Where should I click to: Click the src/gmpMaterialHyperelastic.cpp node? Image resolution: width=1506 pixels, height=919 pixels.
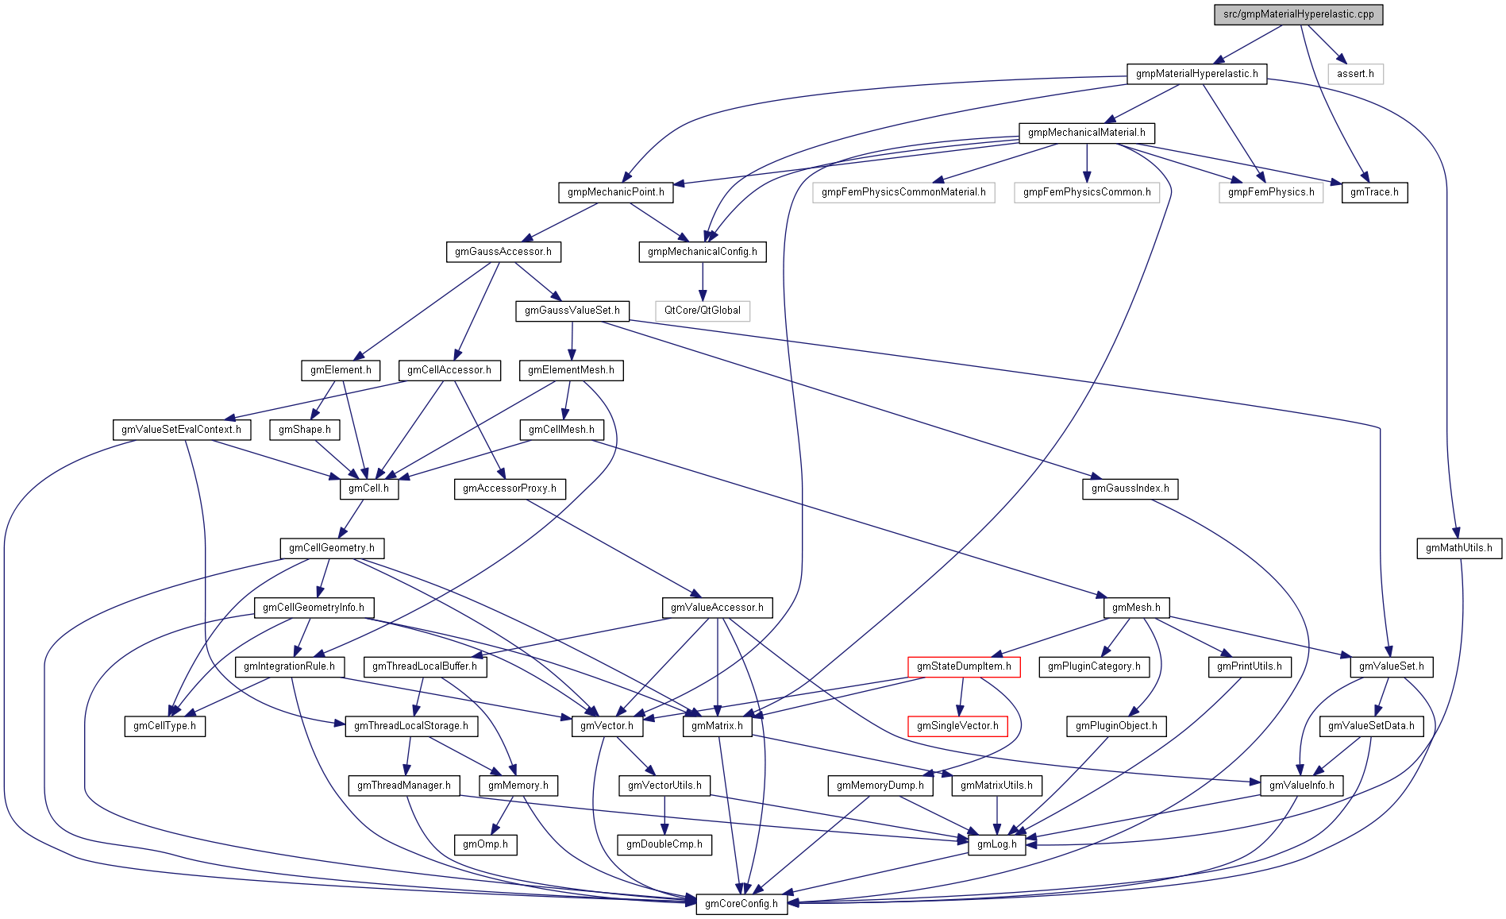[1298, 14]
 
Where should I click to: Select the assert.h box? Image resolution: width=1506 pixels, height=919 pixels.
[1355, 74]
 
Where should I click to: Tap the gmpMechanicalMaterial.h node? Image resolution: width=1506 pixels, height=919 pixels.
[1086, 133]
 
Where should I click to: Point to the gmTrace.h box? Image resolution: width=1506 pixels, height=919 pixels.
[1374, 192]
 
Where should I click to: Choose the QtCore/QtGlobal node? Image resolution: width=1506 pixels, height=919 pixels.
[702, 311]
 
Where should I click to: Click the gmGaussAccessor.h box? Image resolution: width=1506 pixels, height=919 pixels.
[503, 252]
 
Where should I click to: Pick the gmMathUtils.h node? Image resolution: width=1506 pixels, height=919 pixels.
[1458, 548]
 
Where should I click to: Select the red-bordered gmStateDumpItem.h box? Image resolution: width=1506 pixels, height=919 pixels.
[964, 666]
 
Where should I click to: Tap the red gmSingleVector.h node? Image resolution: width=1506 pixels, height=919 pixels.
[957, 726]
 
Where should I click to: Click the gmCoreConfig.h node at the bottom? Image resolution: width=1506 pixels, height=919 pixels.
[741, 904]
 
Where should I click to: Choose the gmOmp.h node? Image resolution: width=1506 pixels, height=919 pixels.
[485, 844]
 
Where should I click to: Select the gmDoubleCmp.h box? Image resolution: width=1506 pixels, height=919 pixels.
[664, 844]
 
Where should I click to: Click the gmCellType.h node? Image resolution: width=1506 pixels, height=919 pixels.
[164, 726]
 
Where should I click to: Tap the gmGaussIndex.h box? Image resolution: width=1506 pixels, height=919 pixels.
[1130, 488]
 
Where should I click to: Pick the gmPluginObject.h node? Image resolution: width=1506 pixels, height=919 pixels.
[1115, 726]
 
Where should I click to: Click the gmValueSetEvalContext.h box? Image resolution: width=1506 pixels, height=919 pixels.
[181, 430]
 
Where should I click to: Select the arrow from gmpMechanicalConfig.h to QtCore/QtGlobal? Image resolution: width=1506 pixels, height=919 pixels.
[702, 281]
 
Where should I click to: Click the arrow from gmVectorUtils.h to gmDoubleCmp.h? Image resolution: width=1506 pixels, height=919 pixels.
[664, 814]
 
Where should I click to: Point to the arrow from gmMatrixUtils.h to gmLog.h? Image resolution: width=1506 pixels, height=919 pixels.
[996, 814]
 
